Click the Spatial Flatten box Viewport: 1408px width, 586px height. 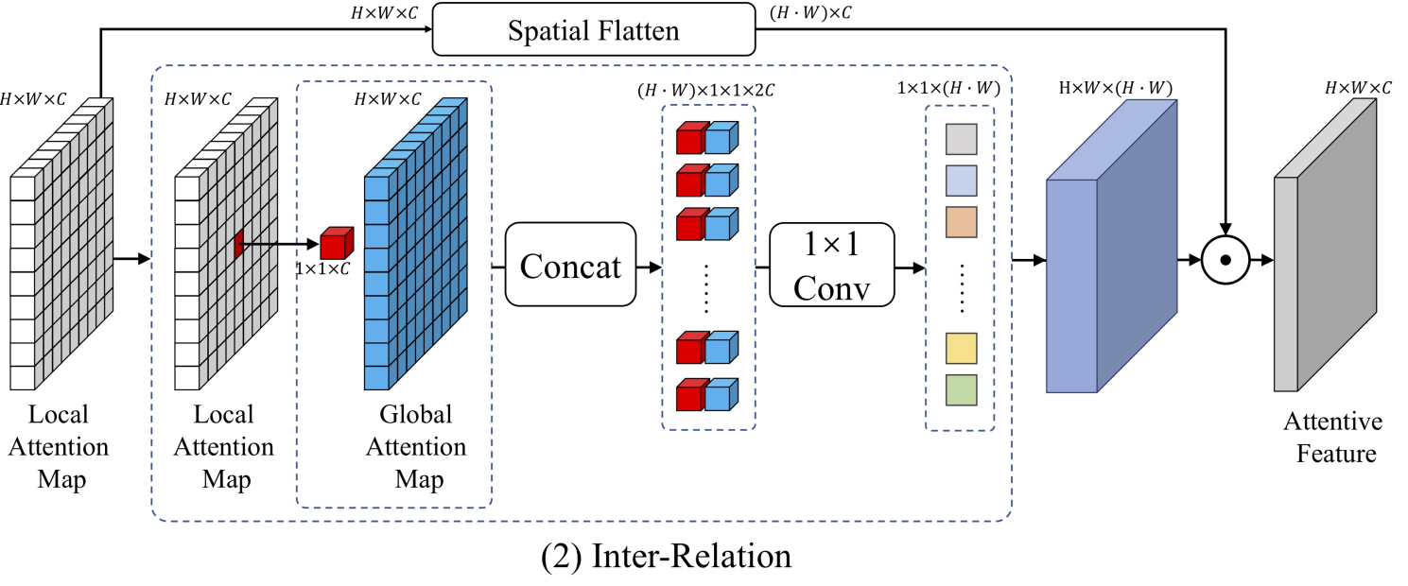click(593, 32)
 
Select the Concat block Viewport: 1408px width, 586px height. click(570, 265)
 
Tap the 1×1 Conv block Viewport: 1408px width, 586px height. click(831, 265)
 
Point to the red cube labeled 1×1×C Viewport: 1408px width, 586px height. click(336, 243)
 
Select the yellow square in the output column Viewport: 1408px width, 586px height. click(961, 348)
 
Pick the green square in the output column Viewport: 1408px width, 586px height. click(961, 389)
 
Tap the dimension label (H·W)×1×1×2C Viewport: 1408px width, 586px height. click(707, 91)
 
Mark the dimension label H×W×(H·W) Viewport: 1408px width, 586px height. click(1114, 89)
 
